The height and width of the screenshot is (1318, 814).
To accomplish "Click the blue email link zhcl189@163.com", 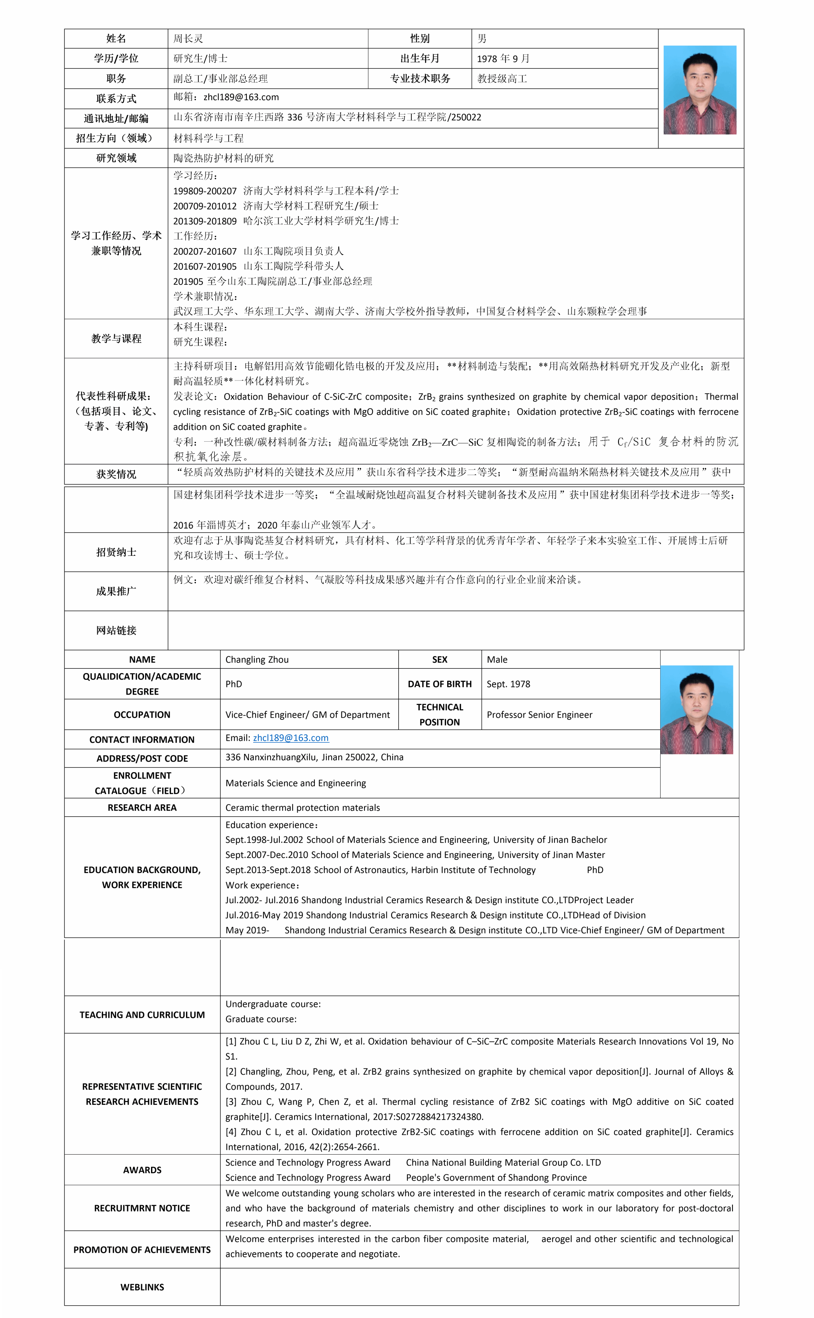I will coord(291,738).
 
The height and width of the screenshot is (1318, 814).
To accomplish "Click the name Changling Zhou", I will coord(257,660).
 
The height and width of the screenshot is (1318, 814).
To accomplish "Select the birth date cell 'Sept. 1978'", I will coord(508,684).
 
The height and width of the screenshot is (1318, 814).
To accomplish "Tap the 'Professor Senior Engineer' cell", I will coord(539,715).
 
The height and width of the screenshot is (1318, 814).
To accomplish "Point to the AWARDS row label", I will coord(142,1170).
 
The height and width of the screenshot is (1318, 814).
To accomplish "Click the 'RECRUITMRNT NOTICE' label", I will coord(142,1208).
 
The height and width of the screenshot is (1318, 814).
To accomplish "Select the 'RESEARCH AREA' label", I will coord(142,807).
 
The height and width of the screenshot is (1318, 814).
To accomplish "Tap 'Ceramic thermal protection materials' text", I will coord(302,807).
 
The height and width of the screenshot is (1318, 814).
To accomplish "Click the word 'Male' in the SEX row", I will coord(497,660).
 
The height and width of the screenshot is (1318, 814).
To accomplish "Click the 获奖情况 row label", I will coord(116,474).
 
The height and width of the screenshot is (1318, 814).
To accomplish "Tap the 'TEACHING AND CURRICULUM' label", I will coord(142,1015).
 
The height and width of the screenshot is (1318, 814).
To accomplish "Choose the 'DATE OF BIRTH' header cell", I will coord(440,684).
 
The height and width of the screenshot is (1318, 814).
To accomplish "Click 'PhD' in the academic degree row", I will coord(234,684).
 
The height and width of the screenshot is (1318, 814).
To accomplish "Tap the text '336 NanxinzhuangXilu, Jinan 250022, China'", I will coord(314,757).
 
